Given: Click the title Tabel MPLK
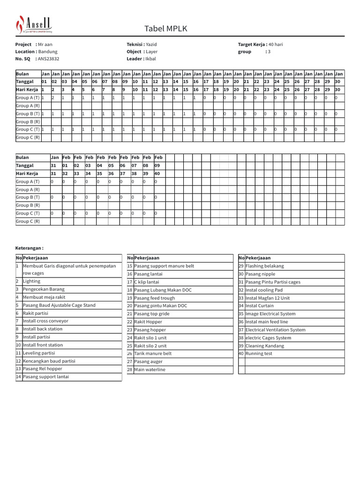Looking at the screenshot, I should tap(165, 29).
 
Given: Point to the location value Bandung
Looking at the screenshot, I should tap(48, 52).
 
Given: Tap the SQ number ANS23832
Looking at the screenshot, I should tap(48, 59).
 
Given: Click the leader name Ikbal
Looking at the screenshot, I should tap(150, 59).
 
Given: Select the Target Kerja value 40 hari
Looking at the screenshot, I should tap(276, 45).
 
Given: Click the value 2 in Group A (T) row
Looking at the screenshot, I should tap(53, 97).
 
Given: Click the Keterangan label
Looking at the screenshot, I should tap(30, 248).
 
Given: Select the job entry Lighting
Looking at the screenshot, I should tap(31, 281).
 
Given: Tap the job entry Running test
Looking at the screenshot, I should tap(258, 353).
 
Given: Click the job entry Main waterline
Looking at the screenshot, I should tap(150, 369).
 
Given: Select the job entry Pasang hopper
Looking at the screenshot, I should tap(150, 330).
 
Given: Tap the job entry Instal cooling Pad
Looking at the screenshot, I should tap(264, 290).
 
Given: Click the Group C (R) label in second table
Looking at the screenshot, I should tap(28, 221).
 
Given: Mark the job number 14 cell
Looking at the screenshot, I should tap(19, 377).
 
